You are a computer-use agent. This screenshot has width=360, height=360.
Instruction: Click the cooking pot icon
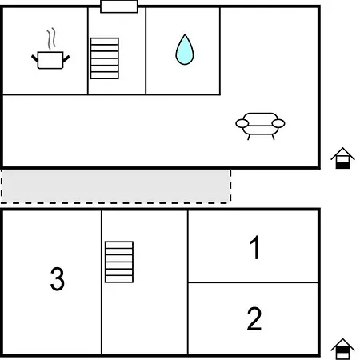tap(50, 60)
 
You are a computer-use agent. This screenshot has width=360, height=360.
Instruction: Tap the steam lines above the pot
tap(51, 38)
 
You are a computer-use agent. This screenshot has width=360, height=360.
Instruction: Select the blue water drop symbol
tap(185, 50)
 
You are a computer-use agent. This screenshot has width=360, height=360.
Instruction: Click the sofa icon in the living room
tap(260, 126)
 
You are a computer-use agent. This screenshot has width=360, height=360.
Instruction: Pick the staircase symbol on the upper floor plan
tap(105, 58)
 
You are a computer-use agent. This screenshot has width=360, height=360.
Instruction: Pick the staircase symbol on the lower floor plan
tap(119, 262)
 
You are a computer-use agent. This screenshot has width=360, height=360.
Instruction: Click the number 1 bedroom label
tap(255, 247)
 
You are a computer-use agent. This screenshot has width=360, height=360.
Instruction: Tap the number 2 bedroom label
tap(254, 318)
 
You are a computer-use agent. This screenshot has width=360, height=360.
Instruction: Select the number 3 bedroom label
tap(58, 278)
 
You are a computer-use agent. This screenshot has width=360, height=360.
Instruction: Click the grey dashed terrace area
tap(116, 186)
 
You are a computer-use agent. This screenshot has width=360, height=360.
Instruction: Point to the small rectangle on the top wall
tap(119, 6)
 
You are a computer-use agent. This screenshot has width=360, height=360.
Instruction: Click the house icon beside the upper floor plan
tap(342, 158)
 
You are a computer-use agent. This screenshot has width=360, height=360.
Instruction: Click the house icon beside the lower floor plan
tap(342, 349)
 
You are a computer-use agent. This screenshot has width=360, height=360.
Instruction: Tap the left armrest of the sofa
tap(242, 123)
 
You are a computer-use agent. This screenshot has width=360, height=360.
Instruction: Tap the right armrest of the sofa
tap(278, 123)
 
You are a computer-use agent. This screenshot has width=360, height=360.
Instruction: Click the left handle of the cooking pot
tap(34, 58)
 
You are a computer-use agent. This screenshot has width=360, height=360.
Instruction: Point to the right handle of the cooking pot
tap(66, 58)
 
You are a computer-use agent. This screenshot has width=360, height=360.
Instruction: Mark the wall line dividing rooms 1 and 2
tap(253, 282)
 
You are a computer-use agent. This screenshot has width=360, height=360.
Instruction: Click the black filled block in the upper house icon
tap(342, 166)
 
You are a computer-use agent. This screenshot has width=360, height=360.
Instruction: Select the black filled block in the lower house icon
tap(342, 350)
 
